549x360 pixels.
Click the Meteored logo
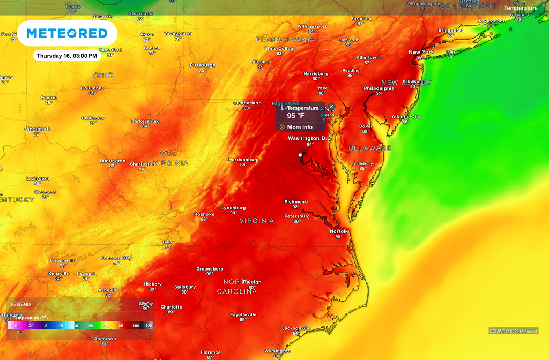point(67,33)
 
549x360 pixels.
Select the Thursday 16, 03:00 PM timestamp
point(67,56)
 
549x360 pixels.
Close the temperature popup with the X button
point(331,107)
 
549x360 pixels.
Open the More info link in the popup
point(300,127)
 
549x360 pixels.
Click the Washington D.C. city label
point(310,138)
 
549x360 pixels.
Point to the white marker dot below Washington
point(300,155)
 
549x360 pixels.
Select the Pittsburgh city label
point(203,65)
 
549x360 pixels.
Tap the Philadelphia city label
point(379,88)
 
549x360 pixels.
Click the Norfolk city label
point(339,231)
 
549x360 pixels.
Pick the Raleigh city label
point(252,282)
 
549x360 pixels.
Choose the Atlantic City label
point(406,116)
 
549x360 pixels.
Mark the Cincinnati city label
point(37,129)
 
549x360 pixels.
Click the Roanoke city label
point(204,214)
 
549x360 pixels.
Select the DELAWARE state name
point(370,148)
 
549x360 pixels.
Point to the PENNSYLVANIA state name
point(285,40)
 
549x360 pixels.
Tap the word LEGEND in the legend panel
point(21,304)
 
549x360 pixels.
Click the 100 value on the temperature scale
point(136,326)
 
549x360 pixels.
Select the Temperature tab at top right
point(520,8)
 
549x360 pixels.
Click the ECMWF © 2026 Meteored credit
point(513,331)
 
